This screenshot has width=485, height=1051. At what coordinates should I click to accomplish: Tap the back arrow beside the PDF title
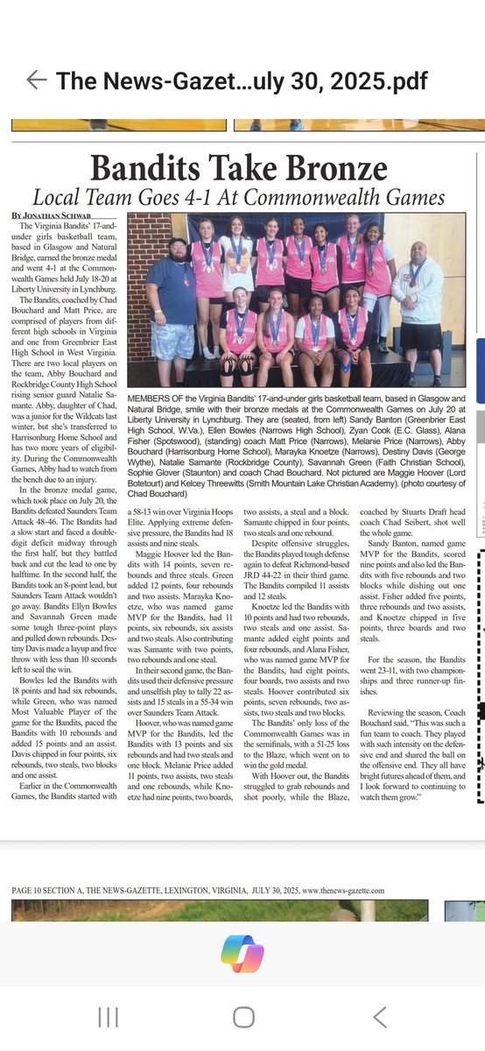coord(36,81)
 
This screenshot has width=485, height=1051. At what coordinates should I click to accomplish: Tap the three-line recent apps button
coord(108,1016)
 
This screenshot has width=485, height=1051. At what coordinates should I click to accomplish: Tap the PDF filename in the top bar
coord(242,81)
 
